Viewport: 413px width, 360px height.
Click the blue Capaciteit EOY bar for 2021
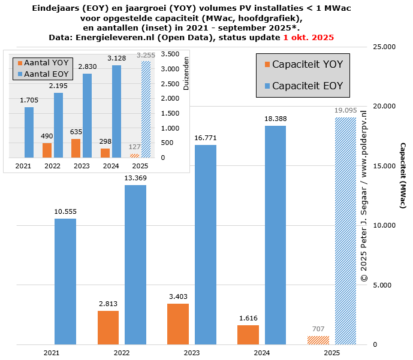[x=65, y=282]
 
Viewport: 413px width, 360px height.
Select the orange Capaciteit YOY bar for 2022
[x=108, y=328]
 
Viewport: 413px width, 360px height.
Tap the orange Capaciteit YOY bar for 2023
[x=178, y=324]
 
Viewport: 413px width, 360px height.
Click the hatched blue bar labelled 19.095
[x=345, y=231]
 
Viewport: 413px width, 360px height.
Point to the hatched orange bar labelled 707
[x=318, y=340]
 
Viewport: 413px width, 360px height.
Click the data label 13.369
[x=135, y=178]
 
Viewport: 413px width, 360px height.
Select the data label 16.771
[x=205, y=138]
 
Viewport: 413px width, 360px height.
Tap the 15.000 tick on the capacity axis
[x=384, y=166]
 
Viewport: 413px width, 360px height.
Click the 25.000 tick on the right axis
[x=384, y=47]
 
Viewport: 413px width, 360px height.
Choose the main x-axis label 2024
[x=262, y=353]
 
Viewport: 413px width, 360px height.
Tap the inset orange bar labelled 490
[x=47, y=150]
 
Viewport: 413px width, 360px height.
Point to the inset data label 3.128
[x=116, y=58]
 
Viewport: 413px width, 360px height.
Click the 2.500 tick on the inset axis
[x=171, y=84]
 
